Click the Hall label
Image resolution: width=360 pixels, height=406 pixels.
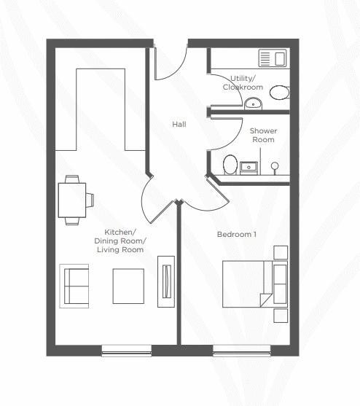point(179,125)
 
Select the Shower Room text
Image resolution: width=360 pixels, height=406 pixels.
point(262,135)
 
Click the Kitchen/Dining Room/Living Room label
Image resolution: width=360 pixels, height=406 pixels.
point(120,241)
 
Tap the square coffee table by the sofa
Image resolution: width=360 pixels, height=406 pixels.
point(128,286)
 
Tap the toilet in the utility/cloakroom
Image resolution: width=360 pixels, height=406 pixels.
point(278,93)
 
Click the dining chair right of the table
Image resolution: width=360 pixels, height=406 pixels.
point(90,198)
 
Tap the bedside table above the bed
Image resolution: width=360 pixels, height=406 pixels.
point(281,253)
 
